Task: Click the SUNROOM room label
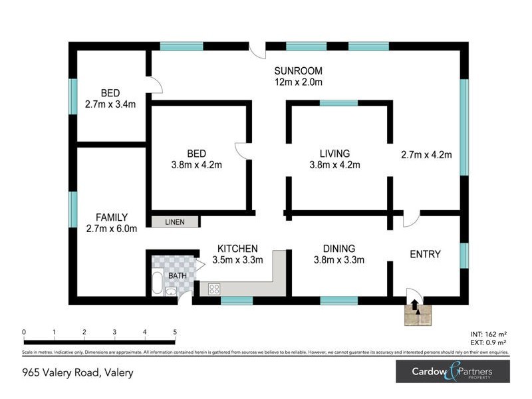tap(299, 71)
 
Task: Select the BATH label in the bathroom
tap(178, 275)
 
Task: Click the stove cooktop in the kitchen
tap(215, 289)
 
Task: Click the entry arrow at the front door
tap(416, 305)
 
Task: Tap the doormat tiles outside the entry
tap(417, 315)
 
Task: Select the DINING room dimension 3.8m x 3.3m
tap(338, 260)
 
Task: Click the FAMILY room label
tap(111, 217)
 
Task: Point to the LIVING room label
tap(334, 153)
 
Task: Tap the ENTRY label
tap(426, 254)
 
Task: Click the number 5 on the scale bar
tap(175, 332)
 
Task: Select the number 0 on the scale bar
tap(24, 332)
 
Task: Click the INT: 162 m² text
tap(489, 334)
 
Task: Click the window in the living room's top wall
tap(338, 103)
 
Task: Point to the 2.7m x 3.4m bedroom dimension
tap(110, 104)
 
